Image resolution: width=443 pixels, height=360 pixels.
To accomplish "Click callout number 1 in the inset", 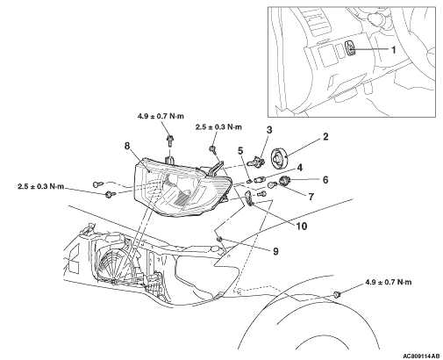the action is click(394, 50).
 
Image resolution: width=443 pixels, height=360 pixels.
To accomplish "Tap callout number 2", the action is click(325, 137).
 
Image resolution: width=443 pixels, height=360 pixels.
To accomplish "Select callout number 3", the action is click(269, 129).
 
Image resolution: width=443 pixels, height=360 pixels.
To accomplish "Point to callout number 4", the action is click(299, 168).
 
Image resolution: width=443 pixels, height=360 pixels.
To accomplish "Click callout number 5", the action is click(240, 151).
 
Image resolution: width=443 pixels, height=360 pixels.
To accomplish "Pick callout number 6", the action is click(325, 179).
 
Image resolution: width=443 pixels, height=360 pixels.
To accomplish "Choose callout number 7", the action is click(311, 197).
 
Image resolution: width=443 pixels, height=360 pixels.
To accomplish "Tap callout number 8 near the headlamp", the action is click(126, 146).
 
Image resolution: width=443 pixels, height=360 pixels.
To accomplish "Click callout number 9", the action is click(275, 251).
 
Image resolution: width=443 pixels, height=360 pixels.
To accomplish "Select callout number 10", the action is click(301, 226).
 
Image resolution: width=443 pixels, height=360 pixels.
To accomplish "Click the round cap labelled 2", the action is click(280, 159).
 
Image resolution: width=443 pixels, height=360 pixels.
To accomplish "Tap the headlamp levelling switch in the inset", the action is click(351, 47).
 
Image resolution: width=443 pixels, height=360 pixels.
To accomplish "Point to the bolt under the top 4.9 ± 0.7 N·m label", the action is click(169, 140).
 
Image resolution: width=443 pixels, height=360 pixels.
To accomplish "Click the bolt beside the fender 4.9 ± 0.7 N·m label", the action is click(337, 294).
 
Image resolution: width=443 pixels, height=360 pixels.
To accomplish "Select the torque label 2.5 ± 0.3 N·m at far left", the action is click(40, 186).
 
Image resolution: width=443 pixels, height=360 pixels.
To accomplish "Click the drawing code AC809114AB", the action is click(421, 356).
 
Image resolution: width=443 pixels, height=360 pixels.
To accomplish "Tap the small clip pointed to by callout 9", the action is click(219, 240).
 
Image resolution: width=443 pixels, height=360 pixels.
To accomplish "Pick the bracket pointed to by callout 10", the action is click(248, 198).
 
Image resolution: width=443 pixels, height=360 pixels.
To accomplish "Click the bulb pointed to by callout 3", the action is click(256, 161).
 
